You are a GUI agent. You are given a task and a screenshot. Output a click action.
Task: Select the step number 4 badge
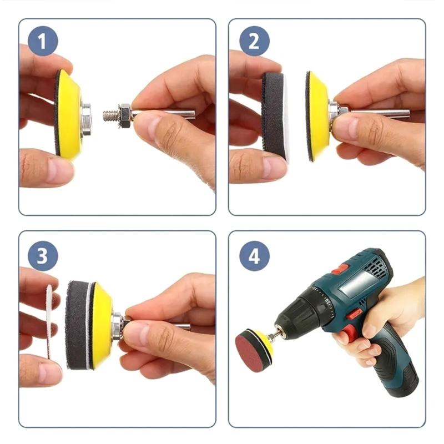[254, 256]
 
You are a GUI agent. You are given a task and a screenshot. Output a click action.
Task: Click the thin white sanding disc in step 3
[49, 322]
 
